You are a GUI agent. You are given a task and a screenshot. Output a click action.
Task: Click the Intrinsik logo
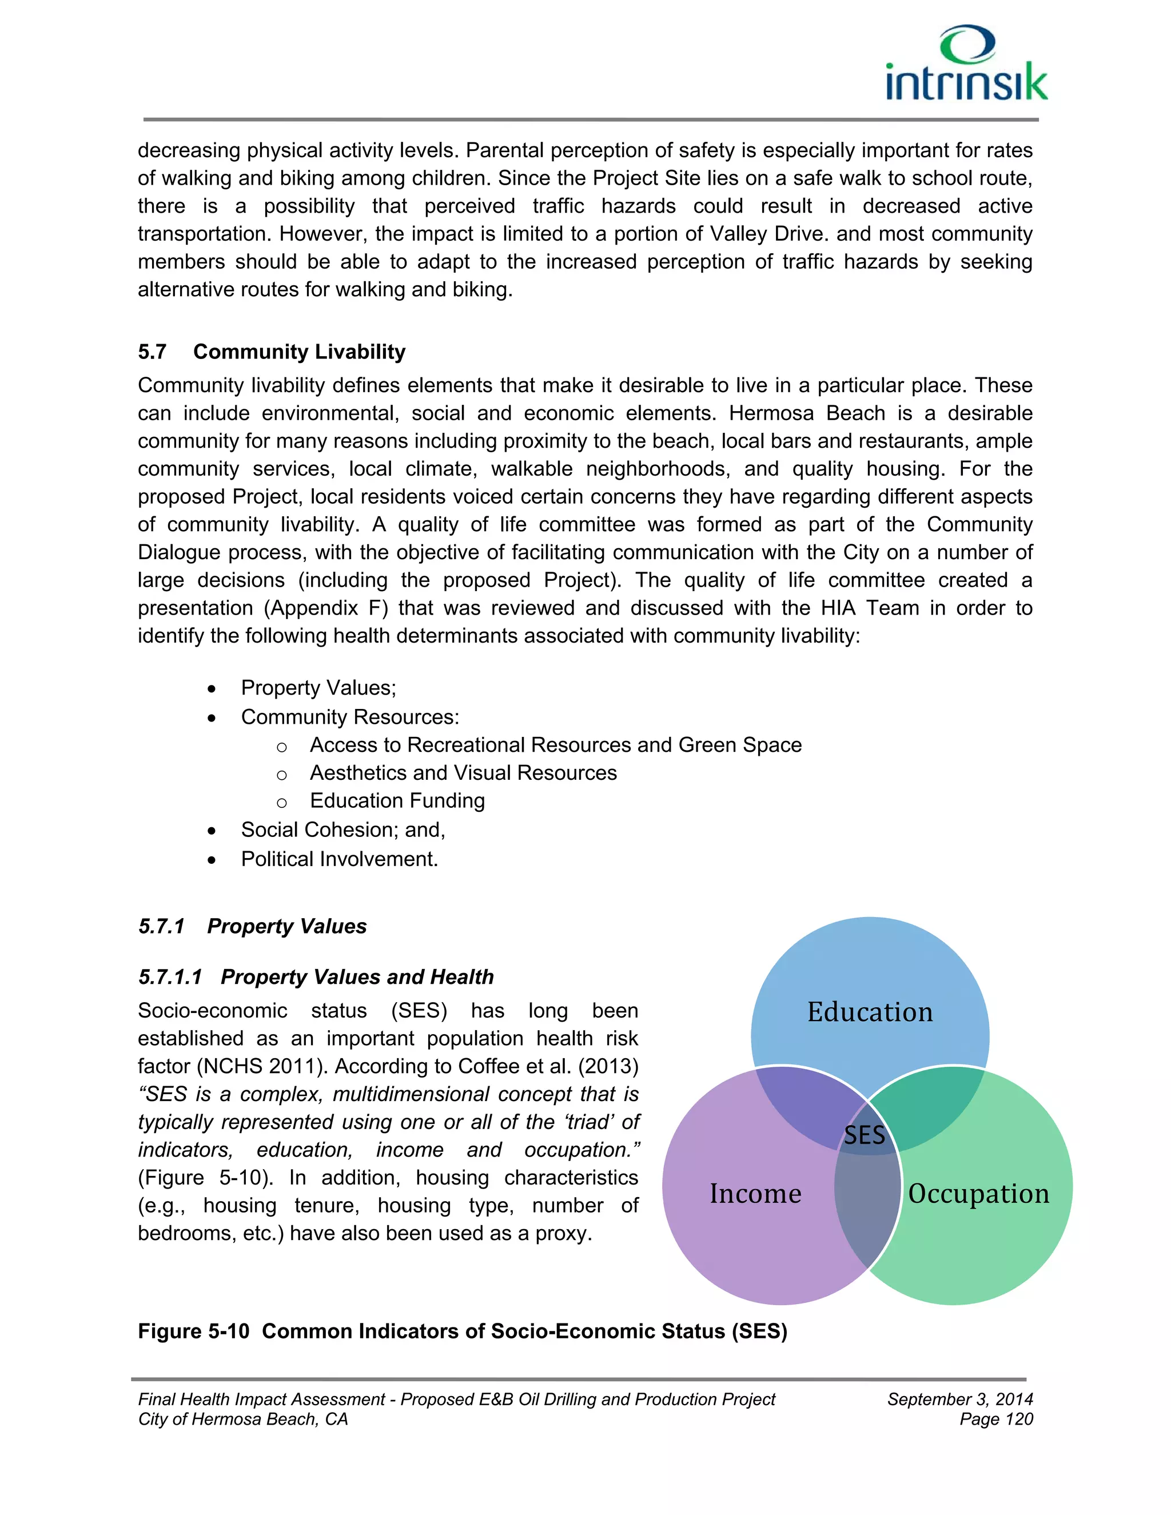(x=966, y=64)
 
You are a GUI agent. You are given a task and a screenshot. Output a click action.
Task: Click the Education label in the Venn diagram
(x=870, y=1012)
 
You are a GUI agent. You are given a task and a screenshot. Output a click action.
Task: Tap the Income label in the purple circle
(x=755, y=1193)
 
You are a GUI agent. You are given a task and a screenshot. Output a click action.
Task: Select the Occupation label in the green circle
(x=978, y=1193)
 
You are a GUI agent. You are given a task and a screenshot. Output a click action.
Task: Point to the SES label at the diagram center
(x=865, y=1135)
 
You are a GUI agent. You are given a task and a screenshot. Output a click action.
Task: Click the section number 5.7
(x=152, y=352)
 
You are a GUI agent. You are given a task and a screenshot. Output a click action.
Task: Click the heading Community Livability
(x=299, y=352)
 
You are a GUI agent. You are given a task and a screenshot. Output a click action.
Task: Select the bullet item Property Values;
(x=318, y=687)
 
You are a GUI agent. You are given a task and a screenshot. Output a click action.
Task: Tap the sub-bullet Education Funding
(x=397, y=800)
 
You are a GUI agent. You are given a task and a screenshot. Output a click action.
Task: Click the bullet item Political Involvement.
(x=339, y=859)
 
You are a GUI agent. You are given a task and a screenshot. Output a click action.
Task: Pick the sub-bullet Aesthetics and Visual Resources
(x=463, y=773)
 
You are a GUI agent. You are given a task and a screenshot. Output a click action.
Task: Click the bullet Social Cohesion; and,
(x=342, y=830)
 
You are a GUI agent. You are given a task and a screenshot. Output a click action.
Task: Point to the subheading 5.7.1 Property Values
(x=253, y=926)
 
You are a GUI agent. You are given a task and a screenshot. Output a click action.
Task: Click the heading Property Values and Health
(x=357, y=976)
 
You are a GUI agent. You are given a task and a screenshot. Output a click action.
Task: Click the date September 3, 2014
(x=959, y=1399)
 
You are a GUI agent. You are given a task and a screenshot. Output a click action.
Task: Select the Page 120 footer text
(x=995, y=1420)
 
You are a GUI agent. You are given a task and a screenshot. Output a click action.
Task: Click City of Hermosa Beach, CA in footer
(x=243, y=1420)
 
